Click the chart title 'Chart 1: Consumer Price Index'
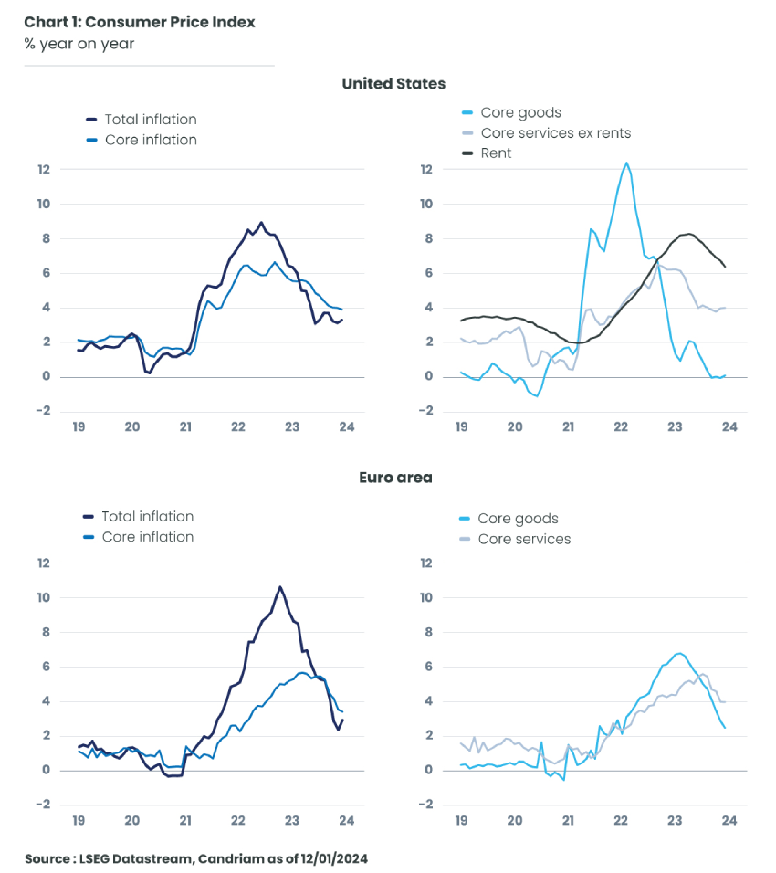(x=140, y=22)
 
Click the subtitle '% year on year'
(x=79, y=44)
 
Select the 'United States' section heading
(x=393, y=84)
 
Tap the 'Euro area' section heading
(x=393, y=478)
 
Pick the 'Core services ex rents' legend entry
(x=555, y=133)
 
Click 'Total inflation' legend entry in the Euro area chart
(x=147, y=517)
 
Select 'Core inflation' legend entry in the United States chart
(x=151, y=140)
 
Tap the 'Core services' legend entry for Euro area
(x=524, y=540)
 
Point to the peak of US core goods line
(x=626, y=163)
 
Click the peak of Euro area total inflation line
(x=280, y=586)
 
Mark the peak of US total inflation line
(x=261, y=222)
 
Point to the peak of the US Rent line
(x=689, y=234)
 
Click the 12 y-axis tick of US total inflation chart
(x=42, y=169)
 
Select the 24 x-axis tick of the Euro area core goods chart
(x=729, y=820)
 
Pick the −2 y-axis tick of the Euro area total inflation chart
(x=42, y=805)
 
